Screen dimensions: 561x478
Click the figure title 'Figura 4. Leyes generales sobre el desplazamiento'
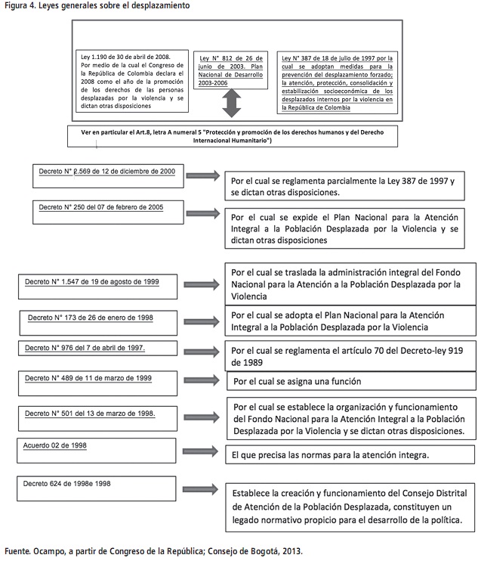point(97,5)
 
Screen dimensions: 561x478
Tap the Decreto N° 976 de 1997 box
point(99,349)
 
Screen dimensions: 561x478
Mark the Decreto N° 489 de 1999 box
point(99,379)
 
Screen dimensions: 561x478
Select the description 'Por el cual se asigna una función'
point(298,381)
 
